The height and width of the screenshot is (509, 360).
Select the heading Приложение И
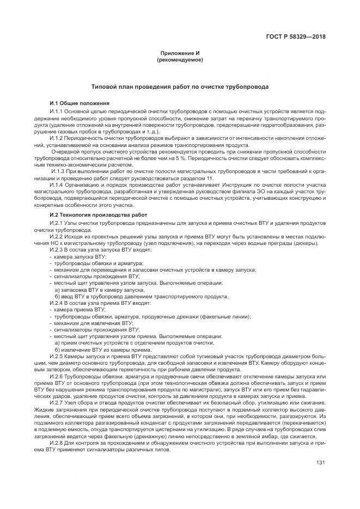pos(180,53)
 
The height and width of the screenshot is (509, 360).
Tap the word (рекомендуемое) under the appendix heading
pos(180,59)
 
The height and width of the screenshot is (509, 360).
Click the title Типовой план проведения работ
pos(180,87)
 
